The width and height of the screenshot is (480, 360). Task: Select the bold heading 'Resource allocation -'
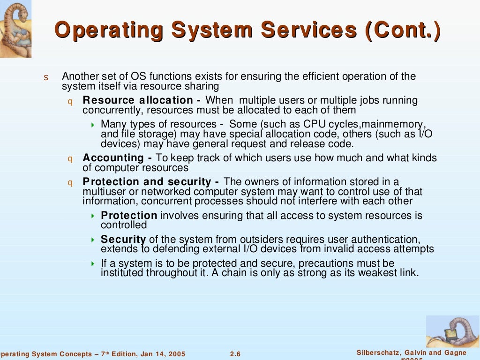pos(142,100)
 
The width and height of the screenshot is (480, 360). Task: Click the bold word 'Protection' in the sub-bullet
pos(129,216)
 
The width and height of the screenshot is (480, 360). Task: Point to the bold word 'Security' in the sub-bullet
pos(123,240)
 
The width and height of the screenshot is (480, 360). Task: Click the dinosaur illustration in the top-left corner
pos(15,28)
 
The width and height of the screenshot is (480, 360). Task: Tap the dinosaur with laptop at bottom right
pos(452,331)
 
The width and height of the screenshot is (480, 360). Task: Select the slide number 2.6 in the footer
pos(235,354)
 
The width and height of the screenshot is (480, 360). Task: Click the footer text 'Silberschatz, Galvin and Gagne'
pos(412,353)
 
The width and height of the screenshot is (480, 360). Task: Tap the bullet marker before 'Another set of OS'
pos(46,77)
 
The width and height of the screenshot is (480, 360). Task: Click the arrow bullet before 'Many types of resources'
pos(92,125)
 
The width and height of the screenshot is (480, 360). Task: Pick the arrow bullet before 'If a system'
pos(92,263)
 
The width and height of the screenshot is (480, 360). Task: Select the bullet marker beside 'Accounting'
pos(70,158)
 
